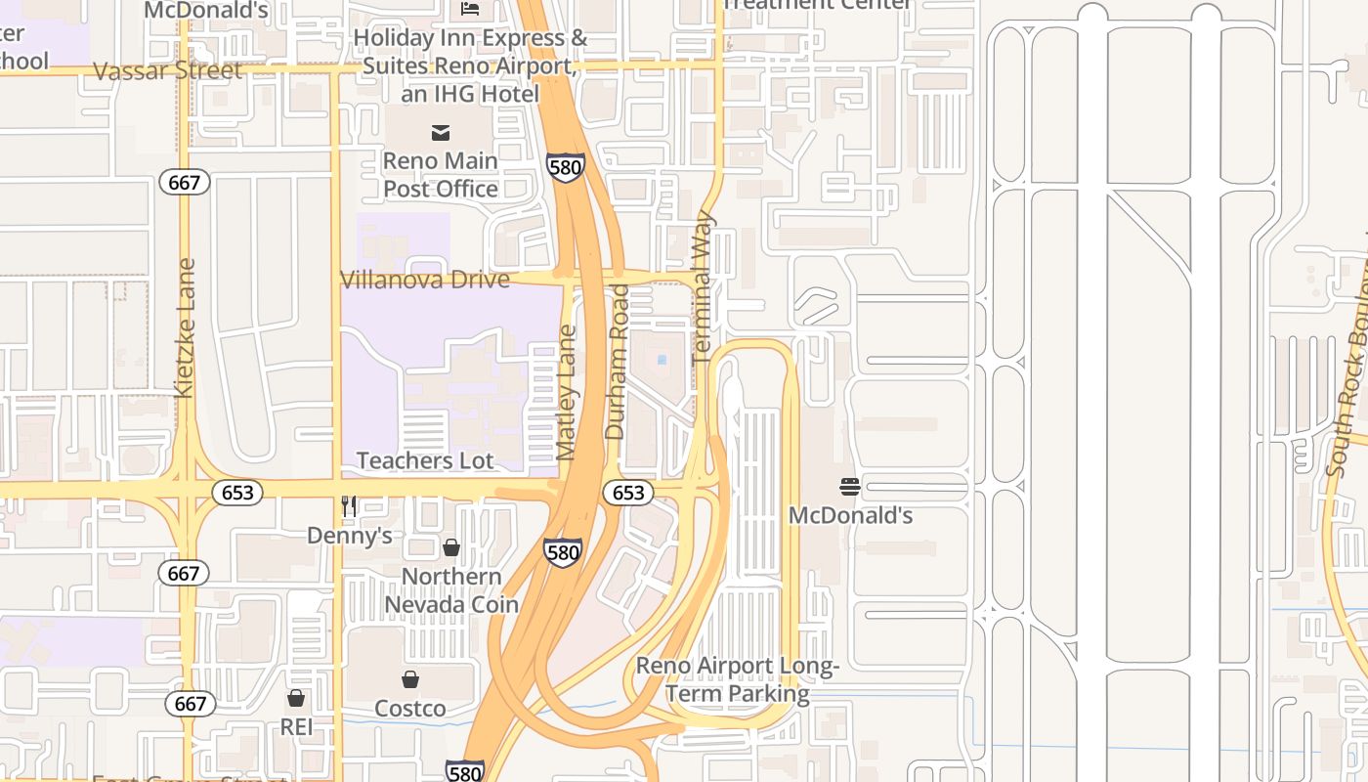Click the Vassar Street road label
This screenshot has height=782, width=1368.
point(168,71)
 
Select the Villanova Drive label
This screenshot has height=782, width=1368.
point(425,281)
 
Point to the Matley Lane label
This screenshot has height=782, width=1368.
point(567,393)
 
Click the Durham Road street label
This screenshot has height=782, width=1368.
point(617,362)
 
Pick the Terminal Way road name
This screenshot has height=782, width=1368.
point(704,288)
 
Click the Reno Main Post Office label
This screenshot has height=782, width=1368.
point(441,174)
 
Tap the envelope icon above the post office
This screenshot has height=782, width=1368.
point(441,132)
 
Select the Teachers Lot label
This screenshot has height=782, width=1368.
point(425,460)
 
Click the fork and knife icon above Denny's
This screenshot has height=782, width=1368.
point(349,505)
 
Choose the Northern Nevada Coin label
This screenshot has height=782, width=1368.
point(451,590)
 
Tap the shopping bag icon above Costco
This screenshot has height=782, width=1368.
point(410,679)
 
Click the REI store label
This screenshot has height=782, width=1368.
point(296,727)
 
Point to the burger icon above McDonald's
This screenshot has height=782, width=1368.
point(850,487)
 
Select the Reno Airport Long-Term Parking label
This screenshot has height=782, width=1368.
point(738,680)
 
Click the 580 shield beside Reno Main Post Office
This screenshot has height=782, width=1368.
point(566,166)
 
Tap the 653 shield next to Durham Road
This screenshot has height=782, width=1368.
point(627,493)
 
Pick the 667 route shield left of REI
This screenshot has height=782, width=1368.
point(191,703)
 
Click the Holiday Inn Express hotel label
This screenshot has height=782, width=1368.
point(471,65)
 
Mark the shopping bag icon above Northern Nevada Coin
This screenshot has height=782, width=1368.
point(451,547)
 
